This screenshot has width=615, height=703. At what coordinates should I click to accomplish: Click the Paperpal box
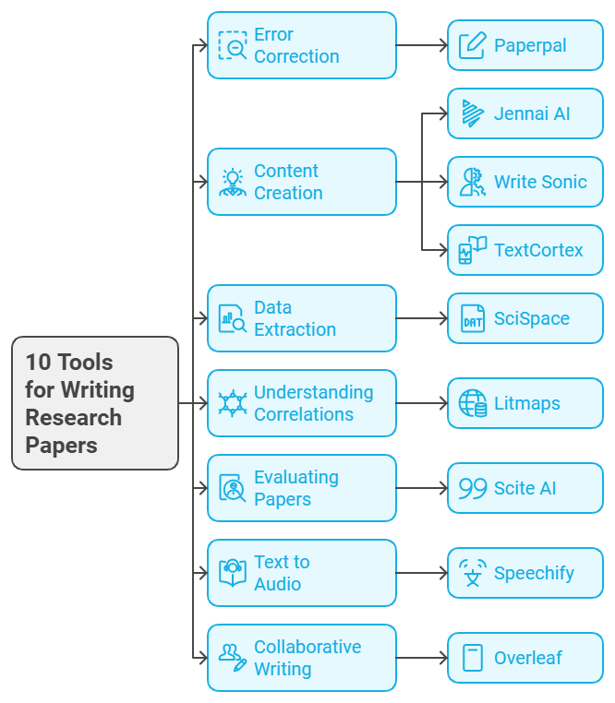click(525, 45)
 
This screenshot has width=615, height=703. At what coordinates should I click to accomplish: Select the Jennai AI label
click(532, 114)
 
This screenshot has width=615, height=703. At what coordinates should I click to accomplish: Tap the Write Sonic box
click(525, 182)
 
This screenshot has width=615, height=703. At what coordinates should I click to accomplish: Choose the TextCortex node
click(525, 250)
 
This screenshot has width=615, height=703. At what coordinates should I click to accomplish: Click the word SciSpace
click(532, 319)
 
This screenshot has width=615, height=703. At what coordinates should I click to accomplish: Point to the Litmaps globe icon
click(473, 404)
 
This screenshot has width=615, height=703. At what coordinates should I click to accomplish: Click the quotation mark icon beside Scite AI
click(473, 489)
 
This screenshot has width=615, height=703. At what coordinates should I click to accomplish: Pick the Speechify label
click(534, 574)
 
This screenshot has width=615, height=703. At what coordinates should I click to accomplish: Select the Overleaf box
click(525, 658)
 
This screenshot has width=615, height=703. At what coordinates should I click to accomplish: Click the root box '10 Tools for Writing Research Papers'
click(95, 403)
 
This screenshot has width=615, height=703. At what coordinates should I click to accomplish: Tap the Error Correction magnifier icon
click(233, 46)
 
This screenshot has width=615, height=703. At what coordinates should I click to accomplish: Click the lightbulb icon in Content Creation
click(233, 182)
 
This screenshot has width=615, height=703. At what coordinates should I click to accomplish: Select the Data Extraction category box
click(301, 318)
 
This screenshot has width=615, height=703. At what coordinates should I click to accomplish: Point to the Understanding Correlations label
click(314, 403)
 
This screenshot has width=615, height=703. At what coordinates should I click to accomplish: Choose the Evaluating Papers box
click(301, 488)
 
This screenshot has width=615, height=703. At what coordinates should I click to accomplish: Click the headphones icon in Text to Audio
click(233, 572)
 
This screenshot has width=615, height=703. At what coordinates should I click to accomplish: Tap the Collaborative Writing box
click(301, 658)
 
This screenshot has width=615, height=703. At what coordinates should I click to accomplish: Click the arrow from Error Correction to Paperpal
click(421, 45)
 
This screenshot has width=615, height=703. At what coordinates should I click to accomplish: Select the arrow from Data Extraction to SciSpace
click(421, 318)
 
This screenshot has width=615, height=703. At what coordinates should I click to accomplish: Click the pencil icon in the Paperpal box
click(473, 45)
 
